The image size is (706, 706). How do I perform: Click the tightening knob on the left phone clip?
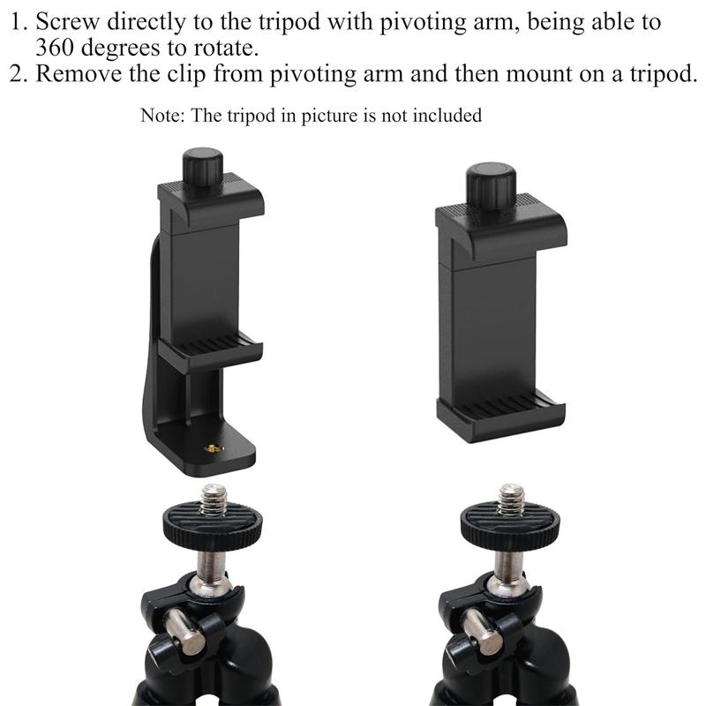click(x=203, y=167)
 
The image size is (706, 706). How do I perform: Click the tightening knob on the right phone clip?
click(x=491, y=186)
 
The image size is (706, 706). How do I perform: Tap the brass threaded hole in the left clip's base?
click(x=214, y=448)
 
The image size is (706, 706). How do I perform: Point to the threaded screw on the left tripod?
click(x=214, y=499)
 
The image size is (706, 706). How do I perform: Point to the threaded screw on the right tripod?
click(x=511, y=499)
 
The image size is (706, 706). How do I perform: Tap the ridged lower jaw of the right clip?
click(x=500, y=417)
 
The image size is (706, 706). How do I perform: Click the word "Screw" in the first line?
click(x=68, y=21)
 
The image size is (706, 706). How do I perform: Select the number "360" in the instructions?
click(x=54, y=48)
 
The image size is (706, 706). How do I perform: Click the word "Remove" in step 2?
click(x=79, y=73)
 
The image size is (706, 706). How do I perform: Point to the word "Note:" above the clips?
click(x=162, y=116)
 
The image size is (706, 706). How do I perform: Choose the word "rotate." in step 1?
click(x=227, y=48)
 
